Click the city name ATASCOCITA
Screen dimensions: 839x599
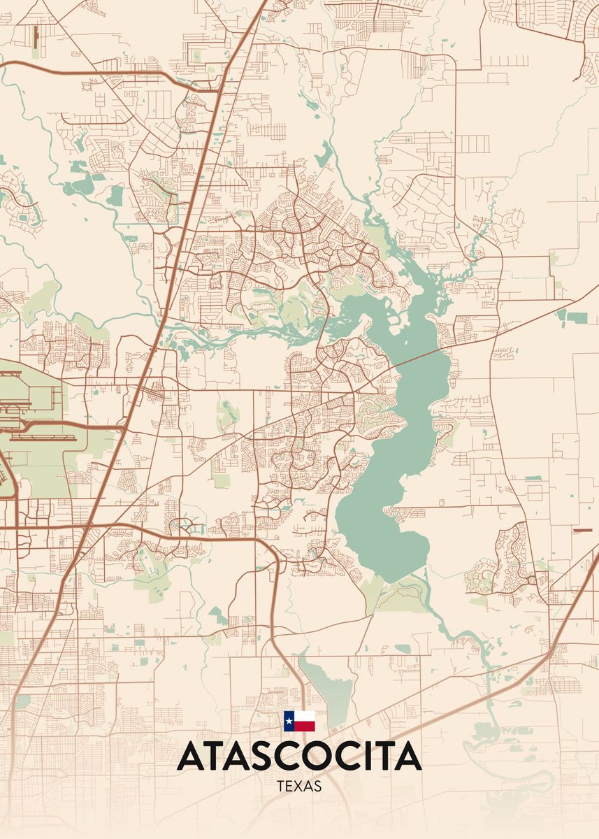tap(299, 756)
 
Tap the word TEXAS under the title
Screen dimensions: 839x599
tap(299, 787)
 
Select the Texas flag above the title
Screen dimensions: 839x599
tap(299, 721)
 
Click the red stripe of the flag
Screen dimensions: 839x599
tap(305, 726)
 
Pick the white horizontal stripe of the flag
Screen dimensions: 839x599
tap(305, 716)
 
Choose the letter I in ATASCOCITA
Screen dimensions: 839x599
tap(367, 756)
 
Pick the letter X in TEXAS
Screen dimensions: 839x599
tap(299, 787)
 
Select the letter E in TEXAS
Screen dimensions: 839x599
tap(289, 787)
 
